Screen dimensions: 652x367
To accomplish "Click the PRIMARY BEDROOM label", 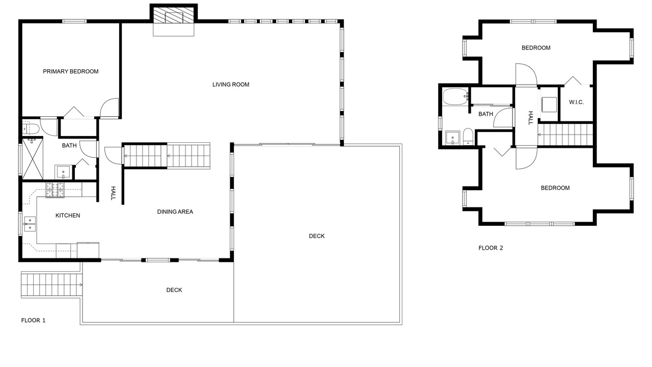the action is (71, 71).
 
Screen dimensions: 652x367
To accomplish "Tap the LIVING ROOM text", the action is (231, 85).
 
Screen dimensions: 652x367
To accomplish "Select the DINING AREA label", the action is (175, 212).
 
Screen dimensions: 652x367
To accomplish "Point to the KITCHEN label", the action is (68, 216).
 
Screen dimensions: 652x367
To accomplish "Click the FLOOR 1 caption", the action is (33, 321).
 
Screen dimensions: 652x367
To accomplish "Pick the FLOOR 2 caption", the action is (491, 248).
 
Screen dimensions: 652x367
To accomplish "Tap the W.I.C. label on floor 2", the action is (576, 102).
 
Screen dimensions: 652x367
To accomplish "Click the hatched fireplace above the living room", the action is (174, 15).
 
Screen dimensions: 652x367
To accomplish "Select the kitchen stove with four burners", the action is (55, 190).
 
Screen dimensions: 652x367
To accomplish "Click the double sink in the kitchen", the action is (30, 224).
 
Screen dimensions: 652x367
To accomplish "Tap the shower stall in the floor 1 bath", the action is (33, 159).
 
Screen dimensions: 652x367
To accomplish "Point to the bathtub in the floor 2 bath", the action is (455, 97).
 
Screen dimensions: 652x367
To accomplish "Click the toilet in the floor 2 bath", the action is (468, 136).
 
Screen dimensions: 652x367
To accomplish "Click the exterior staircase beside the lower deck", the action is (51, 284).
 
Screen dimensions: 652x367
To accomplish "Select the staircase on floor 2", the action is (565, 135).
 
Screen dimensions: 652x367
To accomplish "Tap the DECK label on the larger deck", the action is (317, 236).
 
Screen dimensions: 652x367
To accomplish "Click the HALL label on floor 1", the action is (113, 193).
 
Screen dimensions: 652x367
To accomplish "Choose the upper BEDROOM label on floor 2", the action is (536, 48).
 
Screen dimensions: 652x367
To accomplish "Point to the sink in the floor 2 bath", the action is (453, 138).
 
